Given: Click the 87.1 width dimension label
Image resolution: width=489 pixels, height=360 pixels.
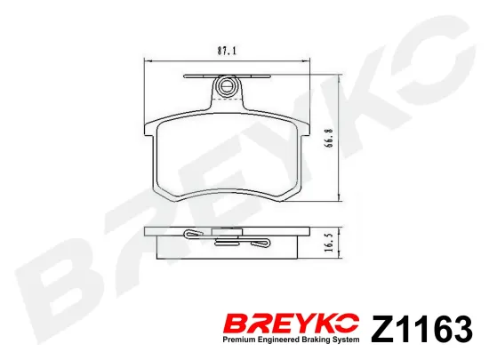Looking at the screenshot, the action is (x=227, y=51).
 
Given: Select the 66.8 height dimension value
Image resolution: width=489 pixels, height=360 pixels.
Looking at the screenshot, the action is (x=330, y=138).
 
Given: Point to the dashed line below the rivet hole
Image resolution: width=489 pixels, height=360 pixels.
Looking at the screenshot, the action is (x=227, y=100).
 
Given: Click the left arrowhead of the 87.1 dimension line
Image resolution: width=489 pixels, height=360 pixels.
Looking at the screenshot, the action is (x=148, y=61).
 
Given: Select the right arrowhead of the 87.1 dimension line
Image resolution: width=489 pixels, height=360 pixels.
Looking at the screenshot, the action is (x=307, y=61).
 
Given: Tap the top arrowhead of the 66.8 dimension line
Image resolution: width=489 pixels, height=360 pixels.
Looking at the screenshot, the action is (x=339, y=78).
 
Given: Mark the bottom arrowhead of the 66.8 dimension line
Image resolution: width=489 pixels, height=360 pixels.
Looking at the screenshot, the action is (x=339, y=198).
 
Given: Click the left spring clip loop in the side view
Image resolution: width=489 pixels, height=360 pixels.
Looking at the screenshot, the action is (x=192, y=233).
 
